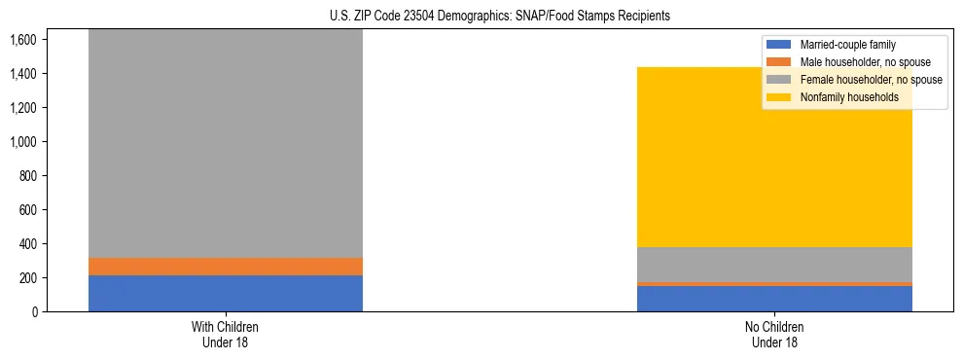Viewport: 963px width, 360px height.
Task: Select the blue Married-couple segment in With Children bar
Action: [226, 293]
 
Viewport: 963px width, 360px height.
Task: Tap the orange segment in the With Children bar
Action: [226, 267]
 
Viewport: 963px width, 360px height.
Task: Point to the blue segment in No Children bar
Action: [774, 299]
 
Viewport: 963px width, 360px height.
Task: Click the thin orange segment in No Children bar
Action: [774, 284]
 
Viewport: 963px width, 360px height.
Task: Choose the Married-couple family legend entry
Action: [846, 45]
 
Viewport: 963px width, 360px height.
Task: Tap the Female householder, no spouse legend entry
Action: [870, 80]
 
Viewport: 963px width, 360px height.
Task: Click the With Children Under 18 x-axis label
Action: [226, 334]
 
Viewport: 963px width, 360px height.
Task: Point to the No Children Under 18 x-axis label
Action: [774, 334]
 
